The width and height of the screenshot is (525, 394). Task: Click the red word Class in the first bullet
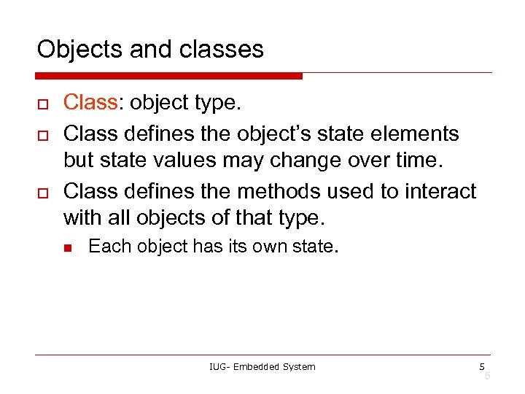(x=90, y=103)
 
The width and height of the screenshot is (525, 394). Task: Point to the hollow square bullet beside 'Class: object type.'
(x=42, y=104)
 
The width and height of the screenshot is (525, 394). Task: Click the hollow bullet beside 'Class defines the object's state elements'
(x=42, y=135)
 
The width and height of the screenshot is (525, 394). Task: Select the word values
(x=185, y=160)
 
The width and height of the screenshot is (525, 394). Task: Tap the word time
(x=416, y=160)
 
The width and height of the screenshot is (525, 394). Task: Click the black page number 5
(x=482, y=366)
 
